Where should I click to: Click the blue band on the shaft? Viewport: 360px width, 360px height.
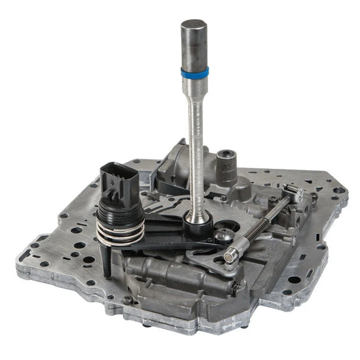coord(195,71)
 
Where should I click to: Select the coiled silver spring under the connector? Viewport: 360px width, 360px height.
coord(121,232)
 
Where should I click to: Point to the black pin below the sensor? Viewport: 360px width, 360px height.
coord(107,261)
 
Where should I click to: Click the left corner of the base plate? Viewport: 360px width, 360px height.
coord(28,254)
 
